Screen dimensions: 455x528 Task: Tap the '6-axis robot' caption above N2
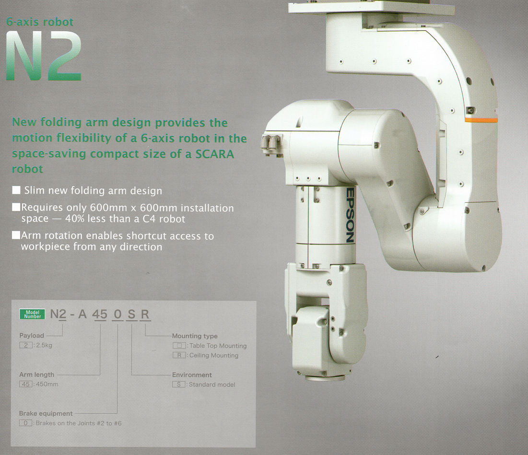pos(40,22)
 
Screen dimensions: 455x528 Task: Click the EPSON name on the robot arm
pos(350,214)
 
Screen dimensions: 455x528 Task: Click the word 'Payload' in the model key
pos(32,336)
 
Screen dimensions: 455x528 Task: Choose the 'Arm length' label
pos(36,374)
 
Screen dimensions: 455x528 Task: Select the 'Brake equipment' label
pos(46,413)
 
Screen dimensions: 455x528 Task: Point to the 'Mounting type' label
pos(195,336)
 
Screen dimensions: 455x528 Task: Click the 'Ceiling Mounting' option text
pos(213,355)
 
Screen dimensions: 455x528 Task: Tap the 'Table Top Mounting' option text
pos(218,346)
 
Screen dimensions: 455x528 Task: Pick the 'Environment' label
pos(192,375)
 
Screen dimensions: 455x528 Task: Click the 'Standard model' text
pos(212,385)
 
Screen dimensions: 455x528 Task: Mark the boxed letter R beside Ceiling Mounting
pos(179,355)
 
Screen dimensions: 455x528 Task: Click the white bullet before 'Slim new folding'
pos(16,190)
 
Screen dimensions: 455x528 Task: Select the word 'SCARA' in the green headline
pos(213,154)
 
